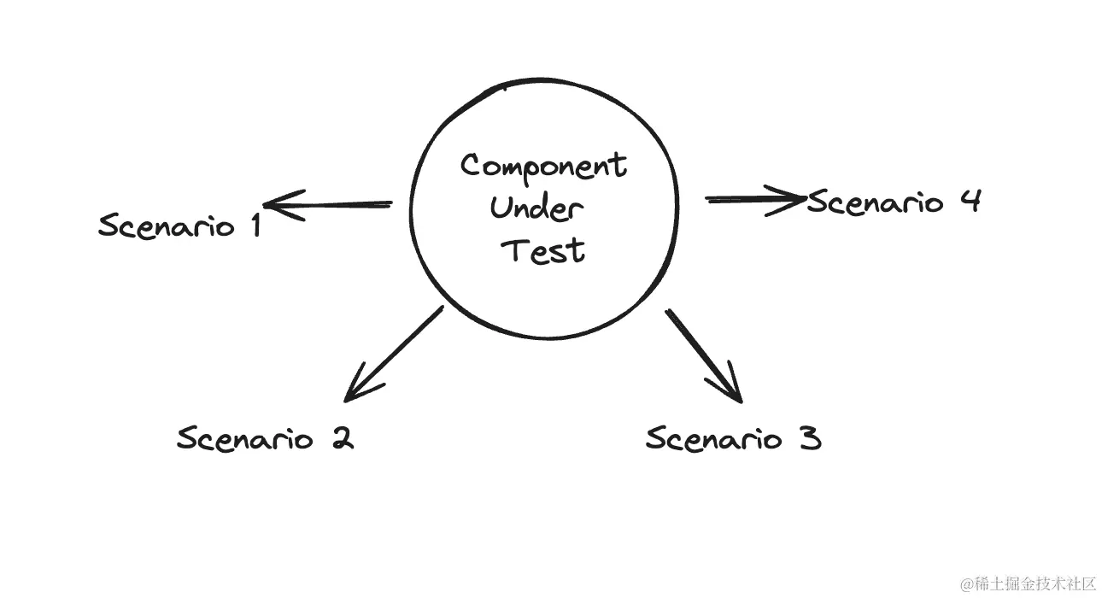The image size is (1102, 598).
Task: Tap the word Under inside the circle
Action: click(x=537, y=208)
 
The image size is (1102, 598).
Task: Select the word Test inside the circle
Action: click(x=544, y=250)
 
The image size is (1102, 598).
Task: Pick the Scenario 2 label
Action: click(x=265, y=439)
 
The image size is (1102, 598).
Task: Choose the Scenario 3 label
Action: click(x=733, y=439)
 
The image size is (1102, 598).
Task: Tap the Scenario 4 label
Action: click(x=894, y=202)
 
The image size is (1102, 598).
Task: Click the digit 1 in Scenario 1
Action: click(x=254, y=225)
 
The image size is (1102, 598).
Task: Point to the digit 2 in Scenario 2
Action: click(x=341, y=439)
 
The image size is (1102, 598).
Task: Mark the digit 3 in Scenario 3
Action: click(x=811, y=439)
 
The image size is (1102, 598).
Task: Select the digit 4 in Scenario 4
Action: click(x=970, y=201)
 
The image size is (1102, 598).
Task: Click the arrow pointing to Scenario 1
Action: click(x=329, y=205)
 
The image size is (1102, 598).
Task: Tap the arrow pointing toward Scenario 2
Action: click(x=394, y=354)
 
